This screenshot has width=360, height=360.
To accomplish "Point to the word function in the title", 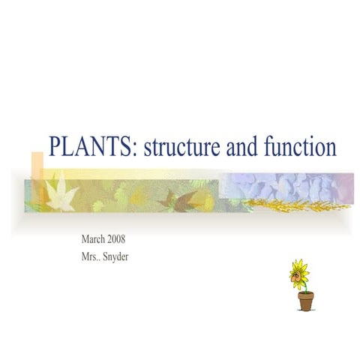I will (299, 146).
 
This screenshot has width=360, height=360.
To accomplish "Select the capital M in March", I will (85, 240).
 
